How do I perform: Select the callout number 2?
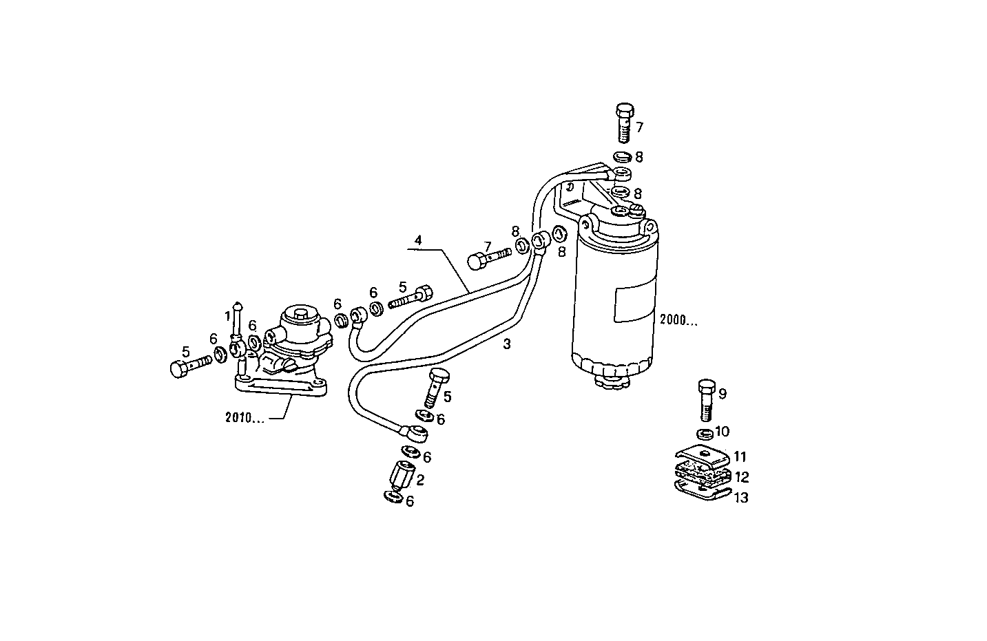(419, 480)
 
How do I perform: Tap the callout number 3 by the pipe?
(506, 345)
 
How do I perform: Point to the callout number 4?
(417, 241)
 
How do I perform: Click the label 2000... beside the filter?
(678, 319)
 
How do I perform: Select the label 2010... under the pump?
(244, 417)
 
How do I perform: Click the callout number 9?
(722, 394)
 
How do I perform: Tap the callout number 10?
(722, 432)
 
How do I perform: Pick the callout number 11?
(739, 456)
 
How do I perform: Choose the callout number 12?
(741, 476)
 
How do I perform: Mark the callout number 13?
(740, 498)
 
